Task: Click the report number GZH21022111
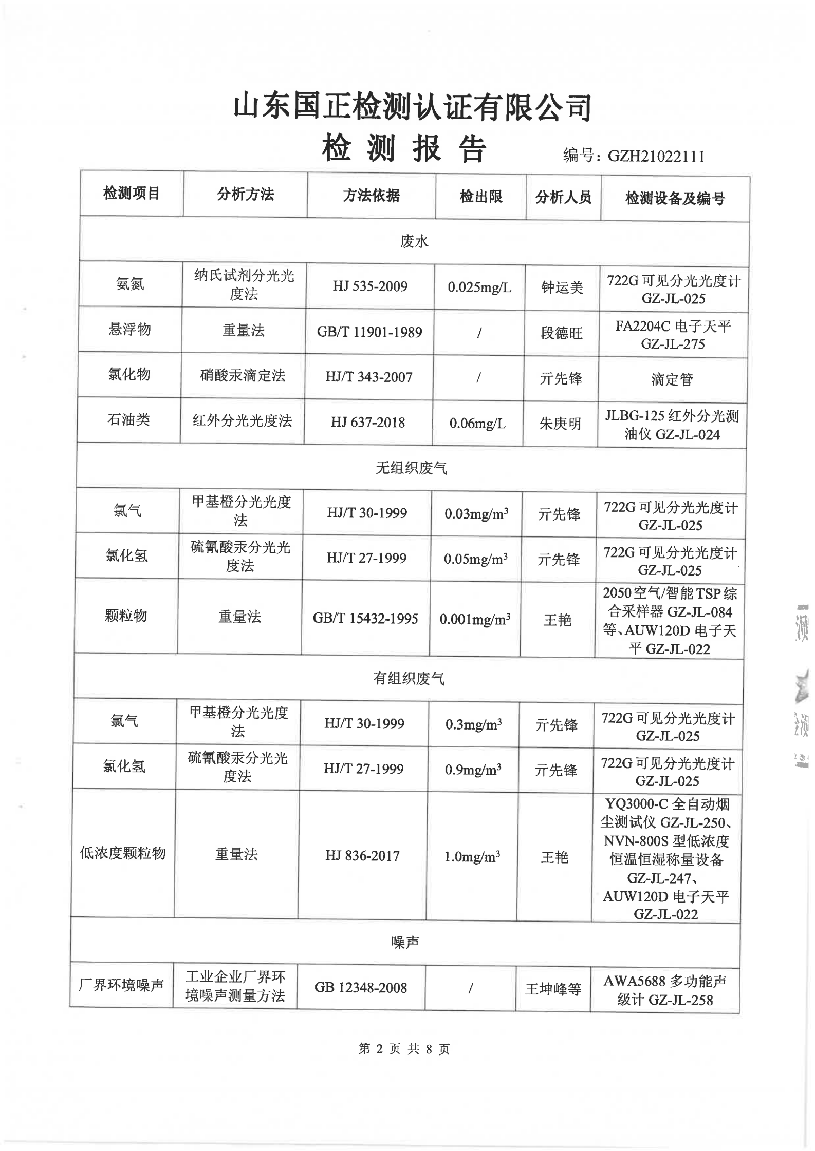(656, 156)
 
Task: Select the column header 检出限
(480, 196)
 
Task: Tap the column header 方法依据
(371, 195)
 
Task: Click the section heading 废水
(414, 241)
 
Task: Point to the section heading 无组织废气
(411, 468)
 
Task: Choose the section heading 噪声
(405, 942)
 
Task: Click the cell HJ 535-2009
(369, 286)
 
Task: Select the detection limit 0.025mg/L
(479, 287)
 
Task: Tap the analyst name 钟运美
(562, 287)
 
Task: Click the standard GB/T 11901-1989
(369, 332)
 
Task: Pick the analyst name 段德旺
(561, 333)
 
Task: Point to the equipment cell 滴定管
(672, 379)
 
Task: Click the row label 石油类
(128, 419)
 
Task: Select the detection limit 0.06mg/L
(477, 424)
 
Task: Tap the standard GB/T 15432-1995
(365, 618)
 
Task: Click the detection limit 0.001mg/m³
(475, 619)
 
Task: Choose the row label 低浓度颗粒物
(123, 853)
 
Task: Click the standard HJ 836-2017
(362, 855)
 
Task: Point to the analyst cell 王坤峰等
(553, 988)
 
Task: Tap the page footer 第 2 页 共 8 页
(404, 1049)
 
